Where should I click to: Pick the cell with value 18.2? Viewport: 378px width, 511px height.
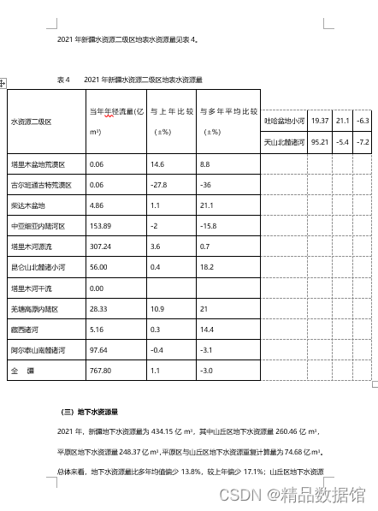tap(205, 267)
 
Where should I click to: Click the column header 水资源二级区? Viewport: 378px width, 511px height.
tap(31, 122)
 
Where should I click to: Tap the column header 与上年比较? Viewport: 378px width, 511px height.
tap(168, 111)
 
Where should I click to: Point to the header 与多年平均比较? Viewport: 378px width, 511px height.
tap(228, 111)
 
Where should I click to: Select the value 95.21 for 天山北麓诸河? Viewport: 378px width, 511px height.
tap(321, 142)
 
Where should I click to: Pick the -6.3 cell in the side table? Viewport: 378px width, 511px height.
tap(363, 122)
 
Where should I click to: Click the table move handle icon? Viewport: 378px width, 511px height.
tap(3, 83)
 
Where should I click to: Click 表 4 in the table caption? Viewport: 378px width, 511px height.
tap(62, 79)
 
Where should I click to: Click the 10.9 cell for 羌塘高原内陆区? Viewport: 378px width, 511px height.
tap(157, 309)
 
